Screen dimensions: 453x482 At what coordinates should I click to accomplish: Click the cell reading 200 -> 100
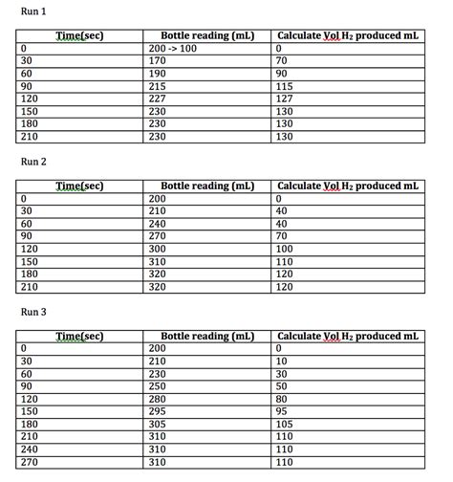point(172,47)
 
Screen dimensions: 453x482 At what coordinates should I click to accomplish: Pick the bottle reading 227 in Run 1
point(158,98)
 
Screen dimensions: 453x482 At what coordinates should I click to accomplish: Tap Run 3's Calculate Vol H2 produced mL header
point(346,337)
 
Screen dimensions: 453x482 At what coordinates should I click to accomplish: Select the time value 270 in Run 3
point(30,461)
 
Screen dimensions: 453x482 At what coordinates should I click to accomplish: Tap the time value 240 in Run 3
point(30,449)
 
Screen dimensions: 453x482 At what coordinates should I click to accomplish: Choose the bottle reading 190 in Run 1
point(158,73)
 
